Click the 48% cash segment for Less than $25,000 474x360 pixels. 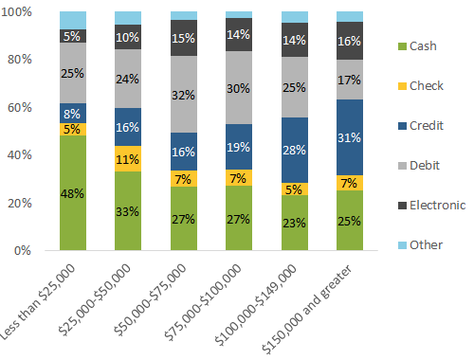pos(72,193)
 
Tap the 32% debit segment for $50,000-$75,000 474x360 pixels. pos(184,94)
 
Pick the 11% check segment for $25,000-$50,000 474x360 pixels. pos(128,159)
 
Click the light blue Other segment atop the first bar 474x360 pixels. pos(72,20)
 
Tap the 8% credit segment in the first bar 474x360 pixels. pos(72,113)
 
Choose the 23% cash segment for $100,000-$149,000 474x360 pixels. pos(295,224)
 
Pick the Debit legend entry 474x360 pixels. pos(424,163)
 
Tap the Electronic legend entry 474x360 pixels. pos(433,203)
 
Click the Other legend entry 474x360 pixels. pos(424,243)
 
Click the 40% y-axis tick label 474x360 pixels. pos(26,155)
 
